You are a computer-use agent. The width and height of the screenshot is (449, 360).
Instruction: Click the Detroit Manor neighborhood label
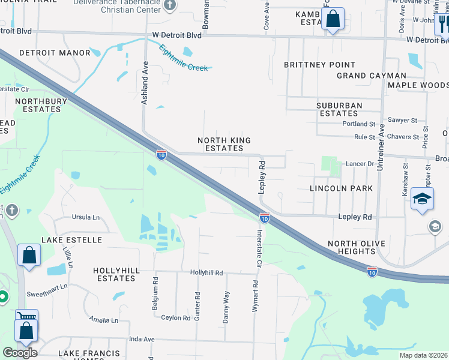pyautogui.click(x=55, y=53)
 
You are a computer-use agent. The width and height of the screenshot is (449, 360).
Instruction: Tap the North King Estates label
pyautogui.click(x=224, y=144)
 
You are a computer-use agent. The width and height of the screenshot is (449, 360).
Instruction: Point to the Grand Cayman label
pyautogui.click(x=372, y=76)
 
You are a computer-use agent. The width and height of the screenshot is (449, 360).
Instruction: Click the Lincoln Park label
pyautogui.click(x=341, y=188)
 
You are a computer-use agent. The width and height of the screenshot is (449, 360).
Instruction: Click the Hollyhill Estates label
pyautogui.click(x=116, y=275)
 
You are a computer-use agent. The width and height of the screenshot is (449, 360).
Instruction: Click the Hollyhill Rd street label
pyautogui.click(x=206, y=272)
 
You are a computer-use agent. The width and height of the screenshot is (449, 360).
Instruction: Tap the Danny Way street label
pyautogui.click(x=226, y=307)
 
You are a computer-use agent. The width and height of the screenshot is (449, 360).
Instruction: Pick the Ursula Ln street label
pyautogui.click(x=86, y=217)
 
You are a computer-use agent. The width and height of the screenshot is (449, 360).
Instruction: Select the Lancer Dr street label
pyautogui.click(x=360, y=164)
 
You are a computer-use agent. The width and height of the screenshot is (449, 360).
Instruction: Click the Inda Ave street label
pyautogui.click(x=142, y=339)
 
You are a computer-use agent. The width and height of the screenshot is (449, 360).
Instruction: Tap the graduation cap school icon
pyautogui.click(x=423, y=199)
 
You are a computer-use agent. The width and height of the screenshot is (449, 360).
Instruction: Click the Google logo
pyautogui.click(x=20, y=353)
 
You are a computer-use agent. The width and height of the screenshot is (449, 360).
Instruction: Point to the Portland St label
pyautogui.click(x=359, y=124)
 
